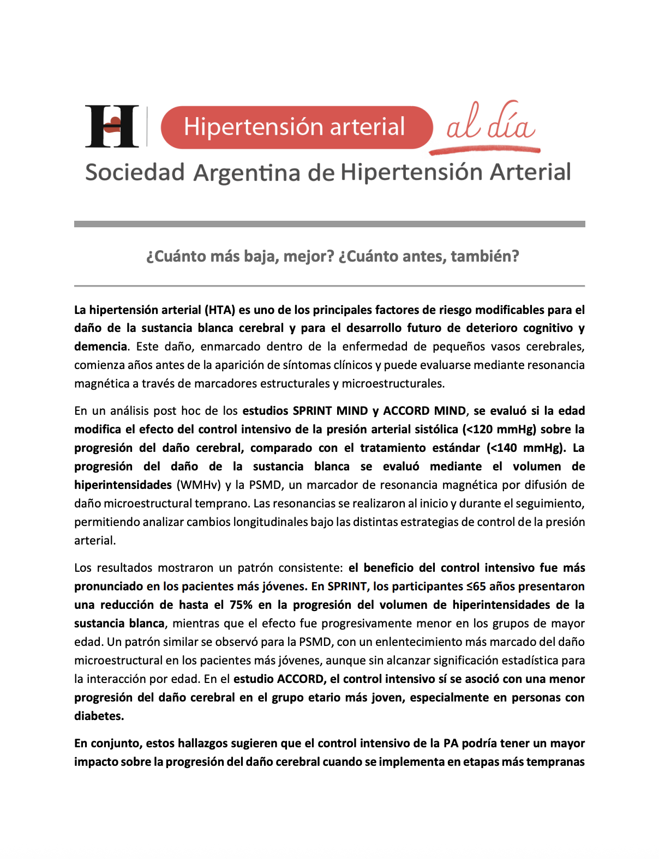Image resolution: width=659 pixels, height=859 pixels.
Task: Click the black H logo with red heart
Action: (x=112, y=126)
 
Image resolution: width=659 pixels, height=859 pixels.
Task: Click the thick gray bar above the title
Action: (x=329, y=224)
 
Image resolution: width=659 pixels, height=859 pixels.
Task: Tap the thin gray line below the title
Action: (x=329, y=286)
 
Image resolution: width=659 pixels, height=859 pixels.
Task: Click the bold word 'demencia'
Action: (x=100, y=347)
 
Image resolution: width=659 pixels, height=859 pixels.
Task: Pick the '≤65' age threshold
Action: (x=476, y=586)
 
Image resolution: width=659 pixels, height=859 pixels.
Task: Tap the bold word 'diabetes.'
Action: (x=99, y=716)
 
